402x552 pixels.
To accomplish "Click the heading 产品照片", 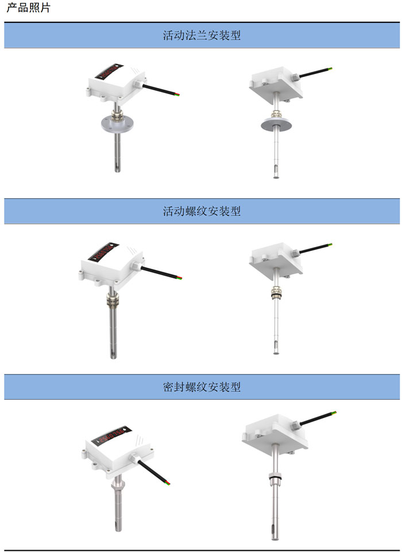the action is [29, 7].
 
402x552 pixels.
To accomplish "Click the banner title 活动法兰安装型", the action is [202, 35].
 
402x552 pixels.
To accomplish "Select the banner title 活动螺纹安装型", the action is [202, 211].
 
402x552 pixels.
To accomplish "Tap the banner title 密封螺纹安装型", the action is [202, 387].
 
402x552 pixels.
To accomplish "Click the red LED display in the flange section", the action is [109, 71].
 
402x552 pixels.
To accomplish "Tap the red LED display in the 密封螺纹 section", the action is [111, 435].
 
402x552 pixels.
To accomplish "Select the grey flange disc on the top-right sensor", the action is [276, 123].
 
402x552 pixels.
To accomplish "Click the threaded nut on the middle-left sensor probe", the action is [113, 300].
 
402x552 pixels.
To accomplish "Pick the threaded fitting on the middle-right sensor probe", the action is [276, 293].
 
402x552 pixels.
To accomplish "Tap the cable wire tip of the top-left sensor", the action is [177, 94].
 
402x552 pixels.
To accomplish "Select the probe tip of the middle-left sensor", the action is [113, 356].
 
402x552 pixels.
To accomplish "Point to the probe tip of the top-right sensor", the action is [276, 176].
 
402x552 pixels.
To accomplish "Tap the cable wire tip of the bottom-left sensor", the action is [168, 483].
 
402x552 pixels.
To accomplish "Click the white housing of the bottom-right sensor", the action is [275, 433].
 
